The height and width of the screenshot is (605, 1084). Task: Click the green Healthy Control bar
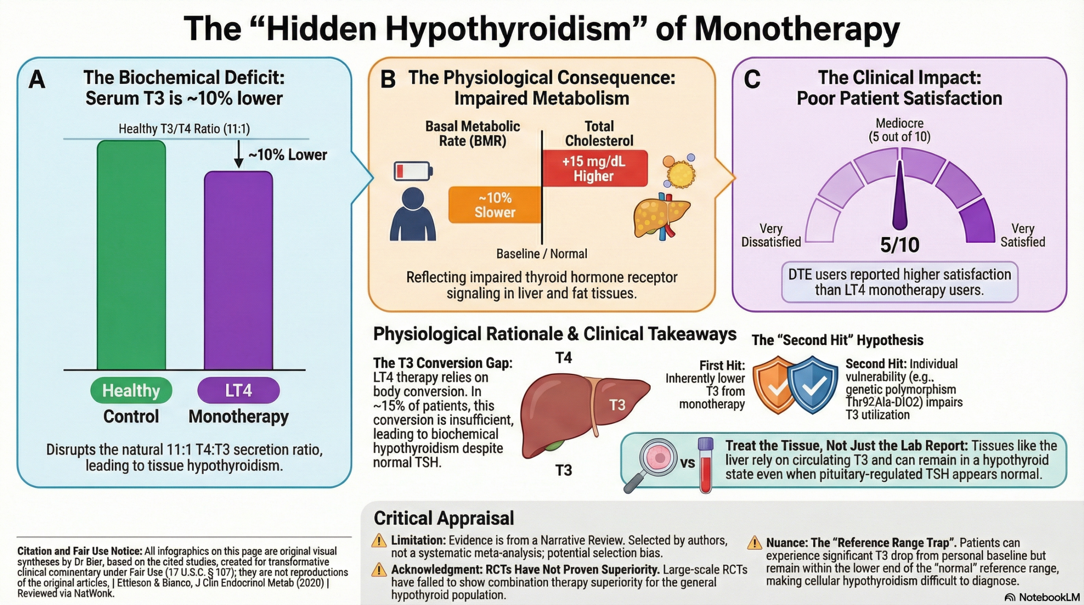[131, 255]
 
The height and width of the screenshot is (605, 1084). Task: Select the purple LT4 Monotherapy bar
[238, 271]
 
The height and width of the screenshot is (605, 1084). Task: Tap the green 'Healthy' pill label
[131, 390]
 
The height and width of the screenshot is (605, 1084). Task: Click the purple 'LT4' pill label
[238, 390]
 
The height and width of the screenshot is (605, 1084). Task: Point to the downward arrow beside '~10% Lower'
[239, 154]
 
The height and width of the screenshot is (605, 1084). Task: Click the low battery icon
[413, 171]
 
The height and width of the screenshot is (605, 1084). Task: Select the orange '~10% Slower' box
[495, 205]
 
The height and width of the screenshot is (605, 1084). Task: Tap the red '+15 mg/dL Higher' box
[595, 169]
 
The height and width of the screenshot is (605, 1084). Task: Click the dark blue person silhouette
[413, 214]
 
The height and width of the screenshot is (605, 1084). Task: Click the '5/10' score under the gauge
[900, 245]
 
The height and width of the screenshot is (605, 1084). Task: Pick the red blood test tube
[705, 465]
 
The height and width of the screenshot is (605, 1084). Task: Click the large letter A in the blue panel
[37, 79]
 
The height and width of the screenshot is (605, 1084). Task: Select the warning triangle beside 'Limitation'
[379, 541]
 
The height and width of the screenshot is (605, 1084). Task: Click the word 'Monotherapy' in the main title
[797, 28]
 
